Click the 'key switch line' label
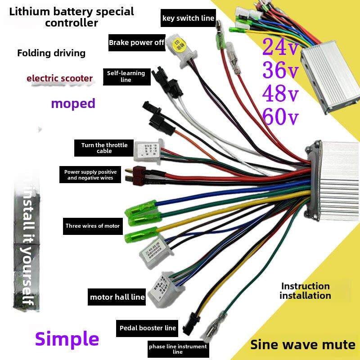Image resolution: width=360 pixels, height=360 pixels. click(x=188, y=18)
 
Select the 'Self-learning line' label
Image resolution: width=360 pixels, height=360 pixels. click(x=126, y=76)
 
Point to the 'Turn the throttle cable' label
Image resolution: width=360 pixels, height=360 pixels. click(x=104, y=148)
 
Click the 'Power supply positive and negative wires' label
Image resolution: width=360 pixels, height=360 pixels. click(x=90, y=175)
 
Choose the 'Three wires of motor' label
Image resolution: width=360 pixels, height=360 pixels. click(x=93, y=226)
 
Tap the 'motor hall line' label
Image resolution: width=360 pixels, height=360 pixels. click(x=117, y=297)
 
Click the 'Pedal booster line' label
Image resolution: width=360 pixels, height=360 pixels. click(x=147, y=328)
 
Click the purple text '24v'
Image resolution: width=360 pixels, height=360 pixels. click(x=280, y=47)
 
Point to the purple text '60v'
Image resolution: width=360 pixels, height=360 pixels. click(x=280, y=117)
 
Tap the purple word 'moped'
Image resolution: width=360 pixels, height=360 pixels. click(x=73, y=103)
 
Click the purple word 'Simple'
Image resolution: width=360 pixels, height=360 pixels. click(x=67, y=338)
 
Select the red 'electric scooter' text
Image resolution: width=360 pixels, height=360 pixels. click(x=59, y=78)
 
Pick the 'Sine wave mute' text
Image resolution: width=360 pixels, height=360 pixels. click(x=303, y=345)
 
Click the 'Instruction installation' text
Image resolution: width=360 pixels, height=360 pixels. click(x=305, y=291)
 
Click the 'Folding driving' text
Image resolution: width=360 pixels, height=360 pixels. click(x=51, y=53)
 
